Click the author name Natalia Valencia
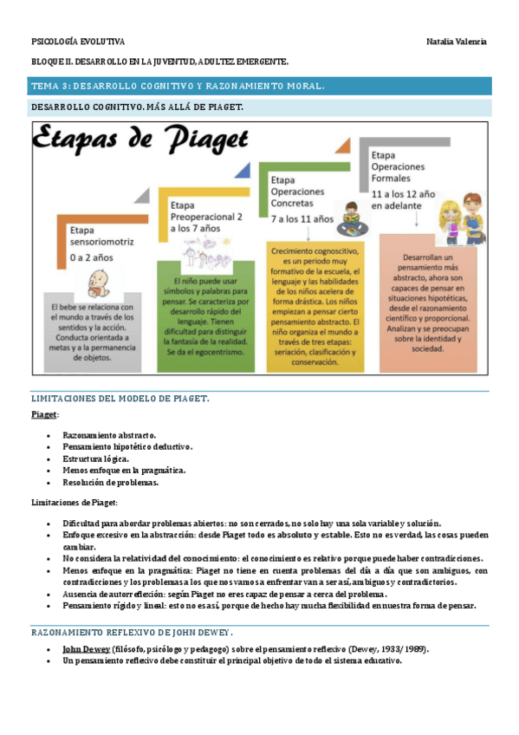point(457,42)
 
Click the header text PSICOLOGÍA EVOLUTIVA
point(78,42)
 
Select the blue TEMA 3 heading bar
point(260,86)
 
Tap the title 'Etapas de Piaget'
point(143,139)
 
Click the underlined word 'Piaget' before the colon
point(44,415)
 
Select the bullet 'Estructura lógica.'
point(95,459)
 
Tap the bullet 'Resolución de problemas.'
point(110,483)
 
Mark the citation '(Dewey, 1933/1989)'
point(384,648)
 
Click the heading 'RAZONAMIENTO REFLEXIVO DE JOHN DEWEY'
point(133,632)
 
